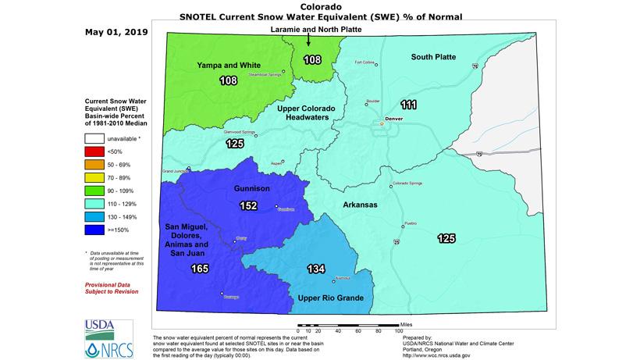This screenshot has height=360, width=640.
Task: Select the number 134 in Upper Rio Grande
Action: (315, 269)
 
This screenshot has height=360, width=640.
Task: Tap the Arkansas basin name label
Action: (360, 205)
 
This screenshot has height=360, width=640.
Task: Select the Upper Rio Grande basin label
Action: (330, 298)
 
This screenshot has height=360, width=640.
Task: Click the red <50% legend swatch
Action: (93, 173)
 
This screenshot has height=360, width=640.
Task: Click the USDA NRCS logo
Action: (101, 337)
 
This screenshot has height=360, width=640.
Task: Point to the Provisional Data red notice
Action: (112, 288)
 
